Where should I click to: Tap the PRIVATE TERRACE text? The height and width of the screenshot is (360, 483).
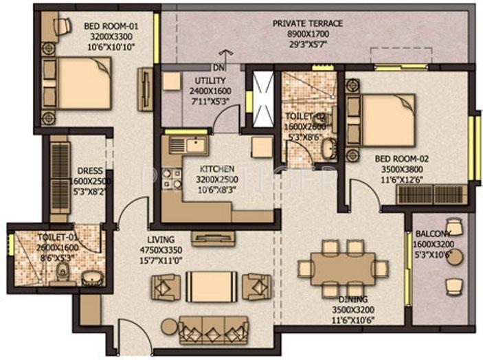coord(307,23)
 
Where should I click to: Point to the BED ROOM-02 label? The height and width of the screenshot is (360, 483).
coord(398,157)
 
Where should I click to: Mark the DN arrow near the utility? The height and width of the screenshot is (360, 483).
coord(220,67)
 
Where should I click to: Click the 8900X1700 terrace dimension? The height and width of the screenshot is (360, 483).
coord(307,32)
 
